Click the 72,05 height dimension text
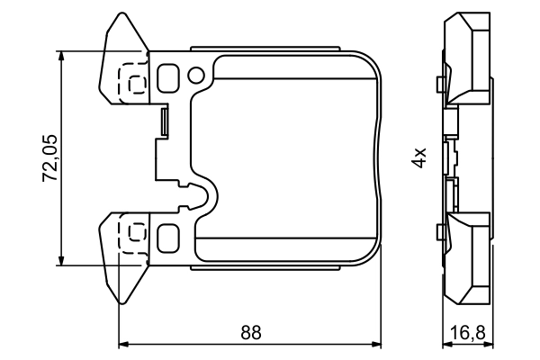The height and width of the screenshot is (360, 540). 50,157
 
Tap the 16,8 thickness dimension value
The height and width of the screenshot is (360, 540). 468,332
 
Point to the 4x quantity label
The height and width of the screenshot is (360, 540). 418,158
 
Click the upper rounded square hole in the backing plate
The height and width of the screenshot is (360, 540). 167,76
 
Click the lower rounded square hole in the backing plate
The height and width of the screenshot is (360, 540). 167,238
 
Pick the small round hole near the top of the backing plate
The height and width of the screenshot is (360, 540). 197,71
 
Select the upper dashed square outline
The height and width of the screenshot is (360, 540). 135,82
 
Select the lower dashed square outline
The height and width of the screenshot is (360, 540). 135,234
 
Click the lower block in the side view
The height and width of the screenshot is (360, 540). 469,256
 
